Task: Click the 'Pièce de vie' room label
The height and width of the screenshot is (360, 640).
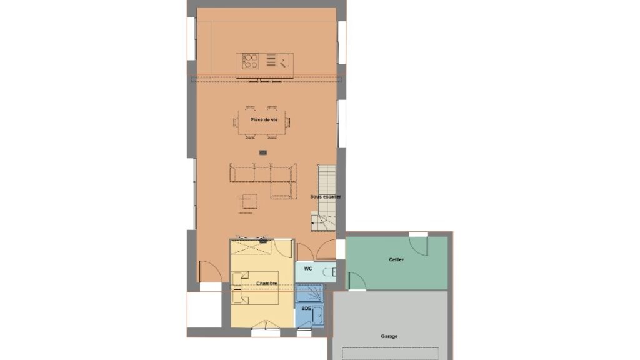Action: [264, 119]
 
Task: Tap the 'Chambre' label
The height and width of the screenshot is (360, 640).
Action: [266, 283]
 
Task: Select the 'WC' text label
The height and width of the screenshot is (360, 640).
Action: [307, 269]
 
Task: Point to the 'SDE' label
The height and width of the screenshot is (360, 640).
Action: [306, 309]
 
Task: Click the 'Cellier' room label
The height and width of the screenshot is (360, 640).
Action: [396, 259]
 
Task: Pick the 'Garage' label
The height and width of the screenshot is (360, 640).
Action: [389, 336]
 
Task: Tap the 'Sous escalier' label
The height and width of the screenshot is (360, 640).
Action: [325, 197]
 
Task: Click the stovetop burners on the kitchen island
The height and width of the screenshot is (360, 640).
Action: [250, 61]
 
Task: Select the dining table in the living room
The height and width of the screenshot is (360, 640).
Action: [262, 122]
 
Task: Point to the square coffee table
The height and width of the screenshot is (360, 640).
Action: [247, 201]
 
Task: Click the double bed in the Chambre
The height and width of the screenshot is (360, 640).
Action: [255, 287]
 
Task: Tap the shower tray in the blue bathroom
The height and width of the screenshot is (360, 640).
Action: [309, 294]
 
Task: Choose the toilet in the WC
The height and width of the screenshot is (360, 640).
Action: [329, 271]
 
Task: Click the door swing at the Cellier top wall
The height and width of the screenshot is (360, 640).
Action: [418, 246]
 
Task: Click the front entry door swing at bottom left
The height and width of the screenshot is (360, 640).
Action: [210, 271]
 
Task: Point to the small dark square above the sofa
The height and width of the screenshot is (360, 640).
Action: [263, 152]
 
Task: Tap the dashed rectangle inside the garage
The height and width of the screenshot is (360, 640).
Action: [390, 354]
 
